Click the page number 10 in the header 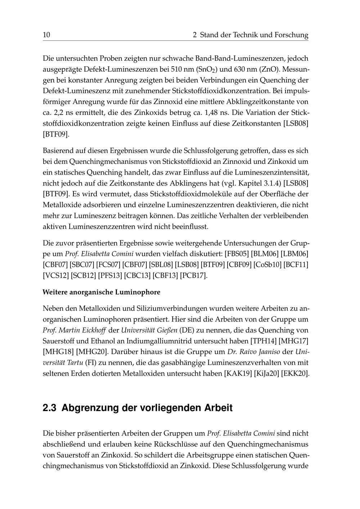coord(46,35)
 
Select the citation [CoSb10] coord(267,265)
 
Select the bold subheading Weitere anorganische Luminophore coord(101,292)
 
